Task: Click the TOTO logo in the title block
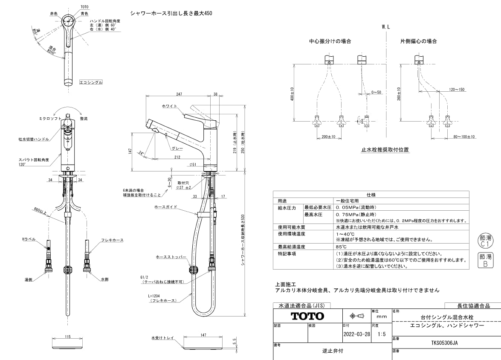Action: click(307, 316)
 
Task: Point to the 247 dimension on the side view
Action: click(179, 94)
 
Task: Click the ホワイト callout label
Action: click(170, 105)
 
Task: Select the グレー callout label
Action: click(177, 148)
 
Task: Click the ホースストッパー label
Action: click(171, 258)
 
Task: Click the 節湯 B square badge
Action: click(485, 260)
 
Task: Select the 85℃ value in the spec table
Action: click(341, 247)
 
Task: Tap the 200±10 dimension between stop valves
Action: click(328, 136)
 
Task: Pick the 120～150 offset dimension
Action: click(456, 90)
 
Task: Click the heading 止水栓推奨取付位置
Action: click(385, 150)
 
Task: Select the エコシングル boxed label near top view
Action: click(91, 82)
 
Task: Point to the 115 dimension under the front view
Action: click(68, 337)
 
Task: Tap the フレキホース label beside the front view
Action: click(112, 240)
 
